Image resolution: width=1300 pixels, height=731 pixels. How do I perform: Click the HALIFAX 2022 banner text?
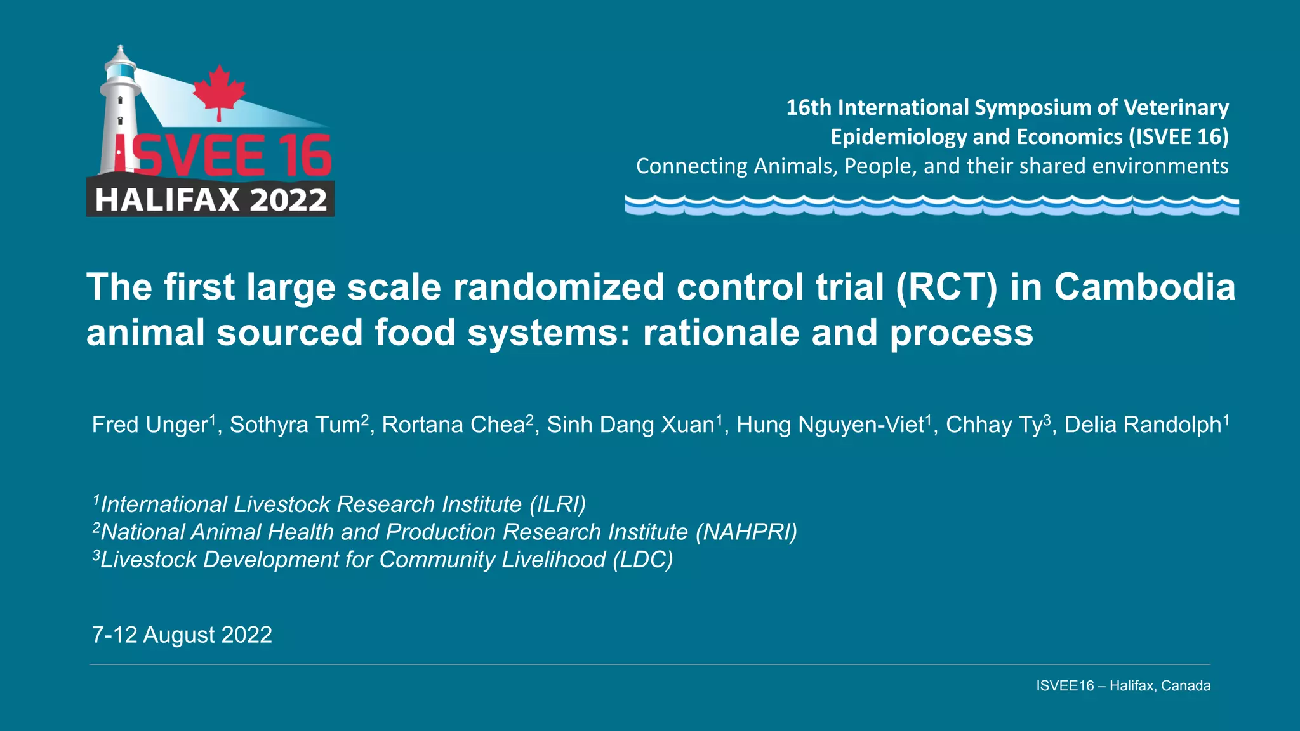click(211, 200)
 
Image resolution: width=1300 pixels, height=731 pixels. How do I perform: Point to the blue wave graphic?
click(931, 205)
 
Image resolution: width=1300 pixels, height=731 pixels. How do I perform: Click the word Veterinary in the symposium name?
click(1176, 107)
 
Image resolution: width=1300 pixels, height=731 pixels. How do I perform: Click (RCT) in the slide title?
click(946, 287)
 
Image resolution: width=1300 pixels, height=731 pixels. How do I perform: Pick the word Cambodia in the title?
click(1144, 287)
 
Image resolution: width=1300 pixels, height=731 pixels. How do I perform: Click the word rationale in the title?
click(721, 333)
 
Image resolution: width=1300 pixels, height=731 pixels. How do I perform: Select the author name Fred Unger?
click(150, 425)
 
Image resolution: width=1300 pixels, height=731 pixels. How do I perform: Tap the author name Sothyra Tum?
click(295, 425)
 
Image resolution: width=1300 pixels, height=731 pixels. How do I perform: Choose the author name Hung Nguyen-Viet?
click(830, 425)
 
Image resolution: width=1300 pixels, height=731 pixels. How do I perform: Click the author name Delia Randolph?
click(1143, 425)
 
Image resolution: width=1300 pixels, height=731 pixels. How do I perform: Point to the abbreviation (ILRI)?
click(557, 504)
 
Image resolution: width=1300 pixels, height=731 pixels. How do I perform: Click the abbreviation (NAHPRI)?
click(746, 532)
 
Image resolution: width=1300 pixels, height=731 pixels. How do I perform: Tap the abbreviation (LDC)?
click(642, 560)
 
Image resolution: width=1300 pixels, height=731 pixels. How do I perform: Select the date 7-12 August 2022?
click(182, 635)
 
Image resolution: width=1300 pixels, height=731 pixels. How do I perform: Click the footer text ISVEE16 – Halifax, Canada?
click(1123, 685)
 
